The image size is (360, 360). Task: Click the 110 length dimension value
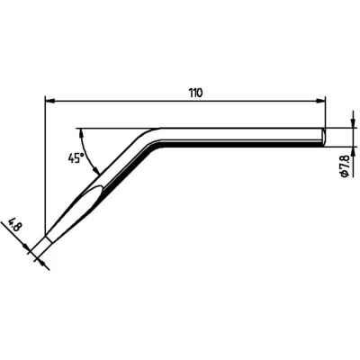pos(195,93)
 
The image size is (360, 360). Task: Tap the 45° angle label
pos(76,157)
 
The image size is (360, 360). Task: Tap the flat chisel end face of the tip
pos(43,246)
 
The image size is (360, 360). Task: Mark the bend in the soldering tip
pos(151,136)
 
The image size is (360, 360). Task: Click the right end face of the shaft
pos(324,136)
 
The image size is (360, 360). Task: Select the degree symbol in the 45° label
pos(82,154)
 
